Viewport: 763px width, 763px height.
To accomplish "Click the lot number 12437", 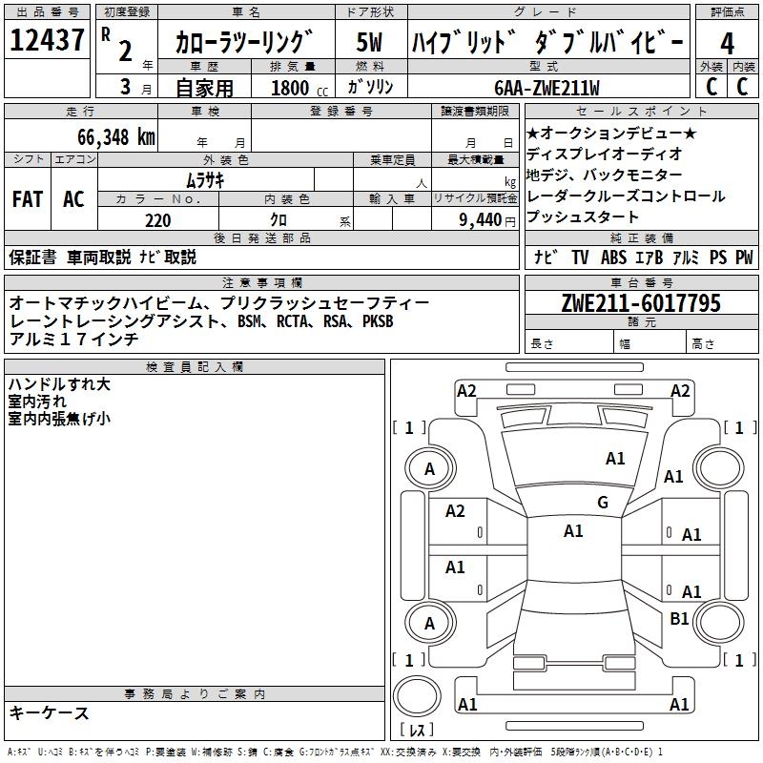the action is [48, 40].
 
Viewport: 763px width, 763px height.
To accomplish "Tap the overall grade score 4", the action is [727, 44].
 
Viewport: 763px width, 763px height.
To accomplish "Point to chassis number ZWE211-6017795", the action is [641, 303].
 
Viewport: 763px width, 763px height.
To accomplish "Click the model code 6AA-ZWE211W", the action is [546, 88].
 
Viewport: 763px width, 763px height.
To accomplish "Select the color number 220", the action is [157, 220].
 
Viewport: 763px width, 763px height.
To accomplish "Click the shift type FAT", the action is [28, 199].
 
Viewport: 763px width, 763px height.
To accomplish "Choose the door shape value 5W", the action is [370, 42].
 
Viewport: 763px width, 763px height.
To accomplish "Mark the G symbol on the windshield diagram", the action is [603, 502].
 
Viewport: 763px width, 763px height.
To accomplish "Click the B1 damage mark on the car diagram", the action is [679, 619].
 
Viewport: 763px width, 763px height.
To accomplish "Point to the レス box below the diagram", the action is [418, 731].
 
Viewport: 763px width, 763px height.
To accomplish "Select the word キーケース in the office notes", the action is [49, 712].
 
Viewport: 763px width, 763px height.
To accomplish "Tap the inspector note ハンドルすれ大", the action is [59, 384].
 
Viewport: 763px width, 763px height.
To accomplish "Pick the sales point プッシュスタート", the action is [583, 217].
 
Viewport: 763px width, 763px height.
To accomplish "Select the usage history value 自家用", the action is [204, 88].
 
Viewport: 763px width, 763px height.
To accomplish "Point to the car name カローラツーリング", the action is [245, 42].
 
